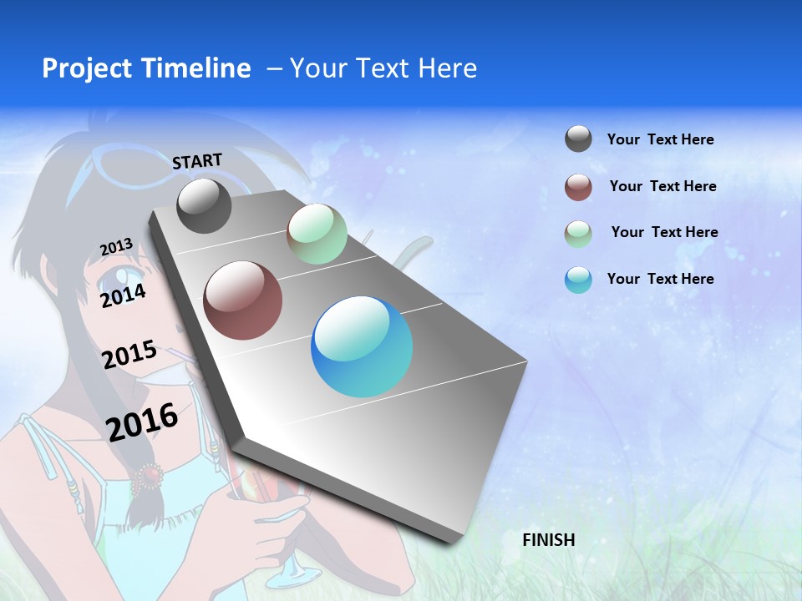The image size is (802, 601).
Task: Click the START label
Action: pos(197,161)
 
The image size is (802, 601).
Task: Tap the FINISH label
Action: pos(549,540)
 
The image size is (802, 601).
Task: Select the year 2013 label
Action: pos(116,247)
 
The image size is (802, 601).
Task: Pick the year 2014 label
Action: pos(123,295)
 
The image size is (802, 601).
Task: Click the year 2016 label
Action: pos(142,422)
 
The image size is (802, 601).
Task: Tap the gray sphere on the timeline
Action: pos(204,206)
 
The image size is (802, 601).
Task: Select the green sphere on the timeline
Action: pos(317,234)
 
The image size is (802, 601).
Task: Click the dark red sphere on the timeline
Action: pos(243,300)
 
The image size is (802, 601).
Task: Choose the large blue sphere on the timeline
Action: pos(362,346)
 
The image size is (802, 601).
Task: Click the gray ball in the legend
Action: pos(578,139)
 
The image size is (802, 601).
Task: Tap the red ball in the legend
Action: pos(578,187)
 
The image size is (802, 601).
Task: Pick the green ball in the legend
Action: pos(578,233)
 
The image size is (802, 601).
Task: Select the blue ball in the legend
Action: pos(578,280)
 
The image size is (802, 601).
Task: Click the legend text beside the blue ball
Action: pos(660,279)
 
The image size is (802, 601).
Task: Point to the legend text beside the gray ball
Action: pos(660,139)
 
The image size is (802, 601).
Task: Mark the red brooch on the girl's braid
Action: pos(150,476)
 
